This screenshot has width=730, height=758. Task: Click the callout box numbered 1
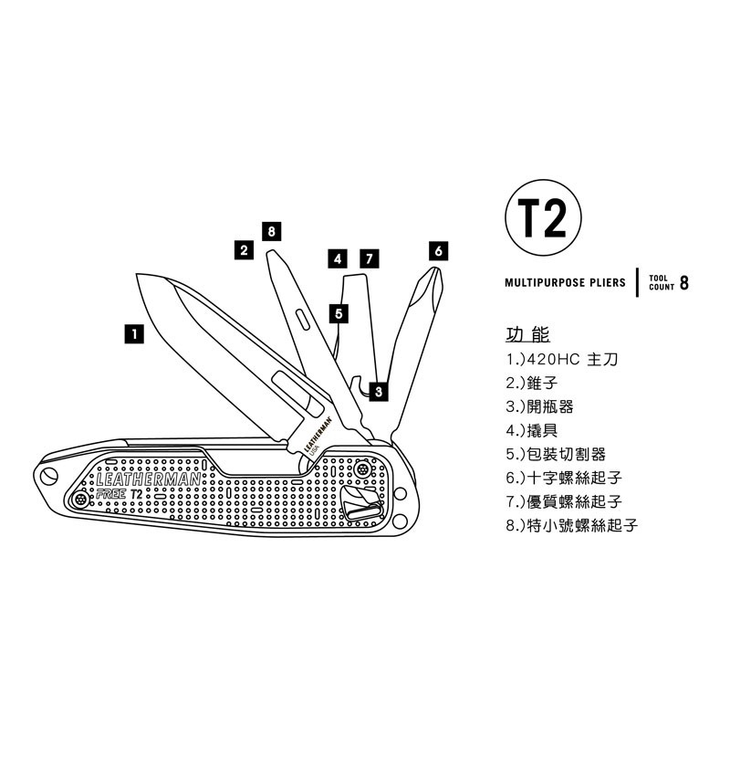click(134, 334)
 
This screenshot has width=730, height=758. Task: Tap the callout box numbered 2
click(244, 250)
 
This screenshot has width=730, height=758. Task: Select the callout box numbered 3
click(379, 392)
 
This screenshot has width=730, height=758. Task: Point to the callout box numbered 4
click(338, 258)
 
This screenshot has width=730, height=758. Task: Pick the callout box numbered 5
click(339, 314)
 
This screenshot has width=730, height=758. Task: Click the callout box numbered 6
click(438, 251)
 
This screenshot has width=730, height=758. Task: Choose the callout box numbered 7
click(370, 258)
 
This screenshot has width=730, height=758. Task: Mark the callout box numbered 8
click(272, 232)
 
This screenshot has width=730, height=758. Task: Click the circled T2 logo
click(543, 217)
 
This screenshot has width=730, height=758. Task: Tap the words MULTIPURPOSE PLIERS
click(565, 282)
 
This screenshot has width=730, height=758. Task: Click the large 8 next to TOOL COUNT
click(683, 283)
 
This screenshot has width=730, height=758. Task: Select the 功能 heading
click(527, 334)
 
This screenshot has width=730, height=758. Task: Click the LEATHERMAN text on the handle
click(149, 479)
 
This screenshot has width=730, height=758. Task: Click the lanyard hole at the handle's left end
click(48, 476)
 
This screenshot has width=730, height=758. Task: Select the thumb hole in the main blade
click(298, 395)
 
